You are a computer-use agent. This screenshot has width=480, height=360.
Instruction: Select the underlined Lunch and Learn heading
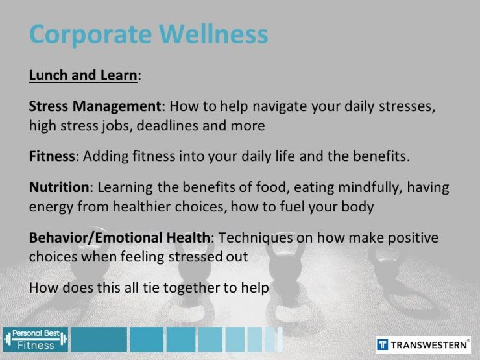[83, 75]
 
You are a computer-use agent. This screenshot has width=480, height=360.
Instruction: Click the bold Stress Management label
[95, 106]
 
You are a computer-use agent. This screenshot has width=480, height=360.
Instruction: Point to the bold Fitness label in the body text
[53, 156]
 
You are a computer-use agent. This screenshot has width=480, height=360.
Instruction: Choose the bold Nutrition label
[59, 187]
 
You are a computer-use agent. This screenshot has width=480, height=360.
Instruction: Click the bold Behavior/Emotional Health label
[119, 237]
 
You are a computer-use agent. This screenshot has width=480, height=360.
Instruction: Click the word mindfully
[365, 187]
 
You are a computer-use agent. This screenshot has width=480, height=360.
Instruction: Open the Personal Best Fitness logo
[35, 339]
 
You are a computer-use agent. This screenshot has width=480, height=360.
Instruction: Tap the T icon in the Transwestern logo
[383, 344]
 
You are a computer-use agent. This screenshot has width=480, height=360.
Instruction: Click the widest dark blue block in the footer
[99, 339]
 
